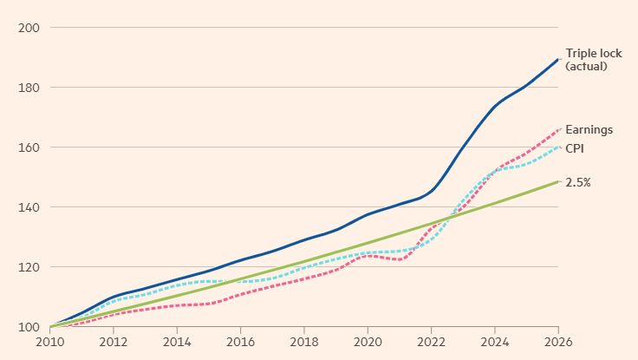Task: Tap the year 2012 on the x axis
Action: pyautogui.click(x=114, y=343)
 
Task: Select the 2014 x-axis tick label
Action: pyautogui.click(x=178, y=343)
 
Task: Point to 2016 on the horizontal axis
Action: pyautogui.click(x=241, y=343)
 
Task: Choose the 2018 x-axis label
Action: pyautogui.click(x=304, y=343)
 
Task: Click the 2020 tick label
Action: pyautogui.click(x=368, y=343)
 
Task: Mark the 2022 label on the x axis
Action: pyautogui.click(x=431, y=343)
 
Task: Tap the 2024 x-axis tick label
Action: pyautogui.click(x=494, y=343)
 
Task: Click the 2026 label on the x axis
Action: pyautogui.click(x=557, y=343)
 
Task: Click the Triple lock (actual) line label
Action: pyautogui.click(x=594, y=60)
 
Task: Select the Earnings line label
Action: pyautogui.click(x=589, y=129)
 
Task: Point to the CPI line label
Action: pyautogui.click(x=576, y=148)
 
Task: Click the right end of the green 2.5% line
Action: pyautogui.click(x=557, y=181)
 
